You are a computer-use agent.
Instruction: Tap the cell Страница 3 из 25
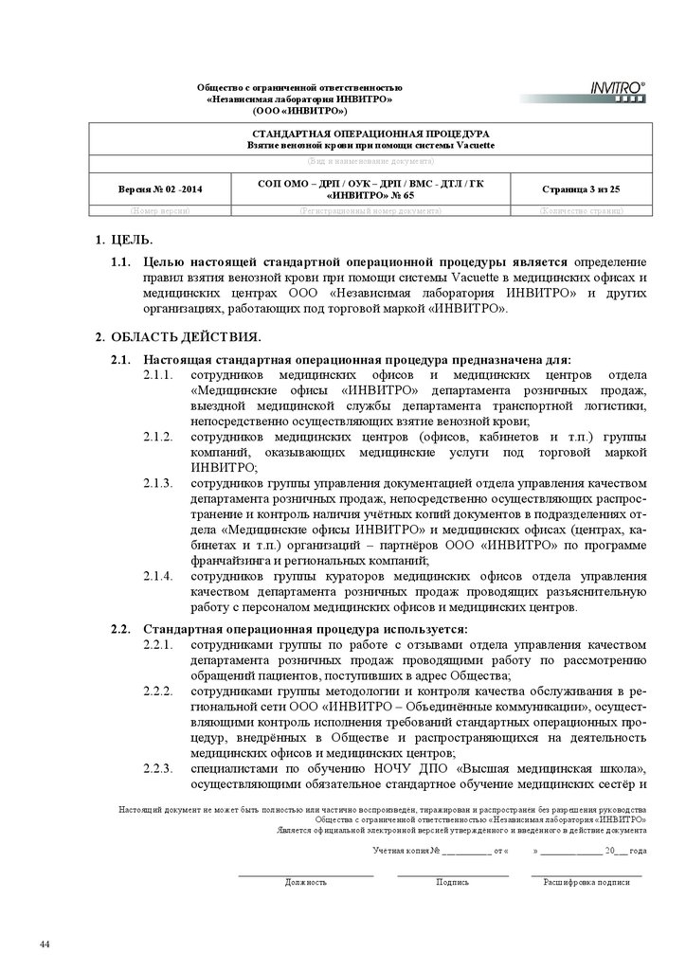[581, 189]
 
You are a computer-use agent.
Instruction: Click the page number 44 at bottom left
[45, 945]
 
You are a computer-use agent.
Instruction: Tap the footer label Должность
[306, 882]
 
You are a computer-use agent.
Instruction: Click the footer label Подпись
[452, 882]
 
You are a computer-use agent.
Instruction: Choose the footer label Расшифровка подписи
[586, 882]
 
